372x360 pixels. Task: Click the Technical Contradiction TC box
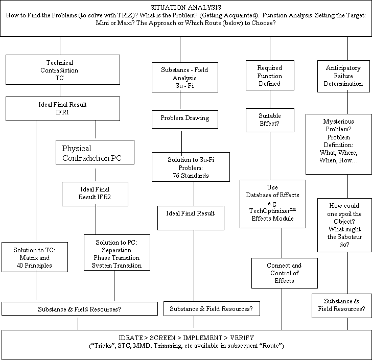point(63,70)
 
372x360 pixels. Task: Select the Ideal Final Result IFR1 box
point(63,109)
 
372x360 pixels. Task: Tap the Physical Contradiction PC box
point(95,152)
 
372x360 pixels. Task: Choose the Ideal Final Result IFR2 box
point(95,194)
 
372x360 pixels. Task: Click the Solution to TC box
point(35,257)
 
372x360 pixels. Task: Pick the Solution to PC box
point(117,253)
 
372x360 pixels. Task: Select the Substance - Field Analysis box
point(185,77)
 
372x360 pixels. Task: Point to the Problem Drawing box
point(185,119)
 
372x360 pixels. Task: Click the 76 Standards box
point(191,167)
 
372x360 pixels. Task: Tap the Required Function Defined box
point(270,76)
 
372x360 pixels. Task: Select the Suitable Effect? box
point(270,120)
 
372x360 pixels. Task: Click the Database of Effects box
point(273,204)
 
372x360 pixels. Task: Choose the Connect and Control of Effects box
point(285,273)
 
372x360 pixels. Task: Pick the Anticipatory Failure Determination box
point(343,76)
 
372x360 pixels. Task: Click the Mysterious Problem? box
point(339,144)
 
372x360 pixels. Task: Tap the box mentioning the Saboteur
point(344,225)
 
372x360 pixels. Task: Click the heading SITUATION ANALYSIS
point(185,8)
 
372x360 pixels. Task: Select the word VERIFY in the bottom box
point(242,338)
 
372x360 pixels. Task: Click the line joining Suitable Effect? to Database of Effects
point(270,156)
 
